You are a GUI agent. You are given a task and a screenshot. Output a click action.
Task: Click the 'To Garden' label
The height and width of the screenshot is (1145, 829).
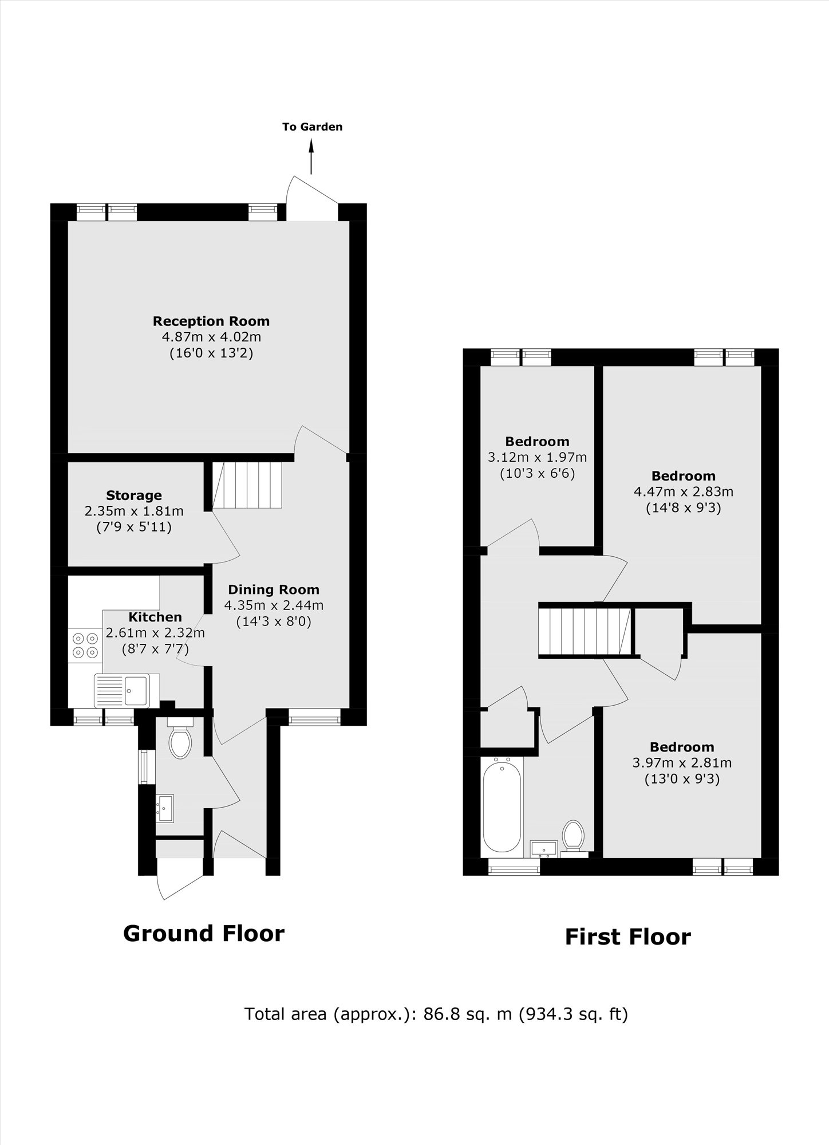(x=312, y=127)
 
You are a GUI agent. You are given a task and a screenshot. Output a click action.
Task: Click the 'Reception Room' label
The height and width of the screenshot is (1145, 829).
(x=211, y=321)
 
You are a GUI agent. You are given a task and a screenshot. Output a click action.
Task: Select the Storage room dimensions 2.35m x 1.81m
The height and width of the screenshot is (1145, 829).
(x=134, y=510)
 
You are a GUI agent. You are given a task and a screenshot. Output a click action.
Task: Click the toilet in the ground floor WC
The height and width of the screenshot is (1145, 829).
(x=180, y=742)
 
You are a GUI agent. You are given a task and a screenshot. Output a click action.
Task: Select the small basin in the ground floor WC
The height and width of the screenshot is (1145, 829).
(x=165, y=808)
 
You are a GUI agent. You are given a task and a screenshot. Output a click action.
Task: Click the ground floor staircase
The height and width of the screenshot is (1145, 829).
(x=247, y=485)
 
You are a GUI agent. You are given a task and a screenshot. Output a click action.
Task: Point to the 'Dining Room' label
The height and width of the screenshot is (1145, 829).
(x=274, y=589)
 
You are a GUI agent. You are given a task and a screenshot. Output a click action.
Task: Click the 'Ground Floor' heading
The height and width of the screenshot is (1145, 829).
(x=204, y=933)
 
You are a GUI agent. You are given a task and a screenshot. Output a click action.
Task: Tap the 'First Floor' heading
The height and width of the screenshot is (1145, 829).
(x=627, y=937)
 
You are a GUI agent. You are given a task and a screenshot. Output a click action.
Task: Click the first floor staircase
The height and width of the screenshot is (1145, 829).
(x=584, y=631)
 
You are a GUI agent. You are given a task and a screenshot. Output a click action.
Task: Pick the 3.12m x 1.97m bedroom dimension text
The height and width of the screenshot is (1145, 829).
(x=537, y=458)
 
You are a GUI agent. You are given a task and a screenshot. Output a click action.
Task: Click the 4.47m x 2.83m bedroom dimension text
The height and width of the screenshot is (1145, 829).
(x=683, y=491)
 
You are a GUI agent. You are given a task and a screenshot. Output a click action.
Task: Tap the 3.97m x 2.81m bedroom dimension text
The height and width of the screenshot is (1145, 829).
(x=682, y=763)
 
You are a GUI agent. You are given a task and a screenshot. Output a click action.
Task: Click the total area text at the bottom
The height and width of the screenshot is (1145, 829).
(x=436, y=1014)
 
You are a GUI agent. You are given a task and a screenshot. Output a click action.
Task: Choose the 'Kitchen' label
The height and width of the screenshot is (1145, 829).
(x=155, y=617)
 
